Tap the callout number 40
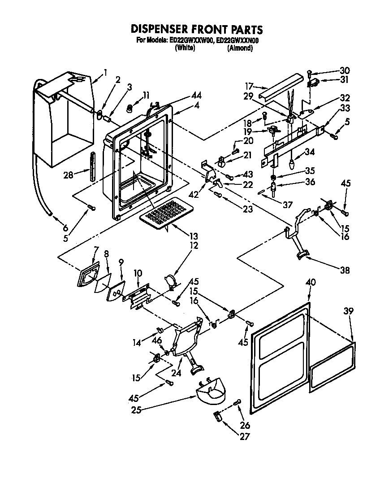[311, 283]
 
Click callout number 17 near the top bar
[249, 86]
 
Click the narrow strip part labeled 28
[92, 166]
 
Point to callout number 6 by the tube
[65, 228]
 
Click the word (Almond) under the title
[240, 48]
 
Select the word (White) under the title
[184, 48]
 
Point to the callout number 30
[344, 70]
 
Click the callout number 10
[138, 273]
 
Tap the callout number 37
[287, 205]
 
